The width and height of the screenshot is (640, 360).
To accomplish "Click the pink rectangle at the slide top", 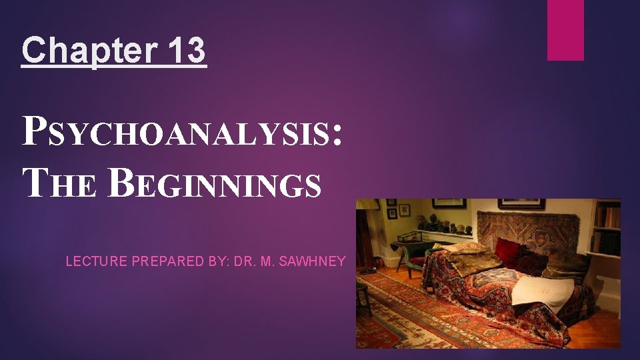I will tap(565, 29).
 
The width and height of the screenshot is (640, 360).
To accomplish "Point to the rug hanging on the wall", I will tap(527, 230).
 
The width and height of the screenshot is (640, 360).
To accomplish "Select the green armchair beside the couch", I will tap(407, 257).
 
